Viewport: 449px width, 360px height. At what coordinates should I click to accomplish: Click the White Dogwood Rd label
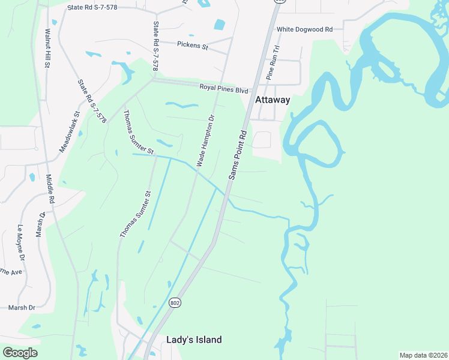(304, 29)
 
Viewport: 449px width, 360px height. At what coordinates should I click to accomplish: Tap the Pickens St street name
(192, 44)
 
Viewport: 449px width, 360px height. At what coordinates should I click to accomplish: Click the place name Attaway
(273, 100)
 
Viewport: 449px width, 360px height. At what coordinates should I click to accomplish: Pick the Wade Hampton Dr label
(205, 140)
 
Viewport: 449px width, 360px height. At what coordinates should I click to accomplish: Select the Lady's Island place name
(194, 340)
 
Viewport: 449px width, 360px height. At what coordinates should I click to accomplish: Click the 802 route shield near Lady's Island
(174, 302)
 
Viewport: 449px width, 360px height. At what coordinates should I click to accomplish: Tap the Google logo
(20, 353)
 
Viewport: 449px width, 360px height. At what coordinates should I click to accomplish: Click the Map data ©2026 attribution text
(423, 355)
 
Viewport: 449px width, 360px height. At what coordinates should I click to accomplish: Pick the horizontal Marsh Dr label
(22, 307)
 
